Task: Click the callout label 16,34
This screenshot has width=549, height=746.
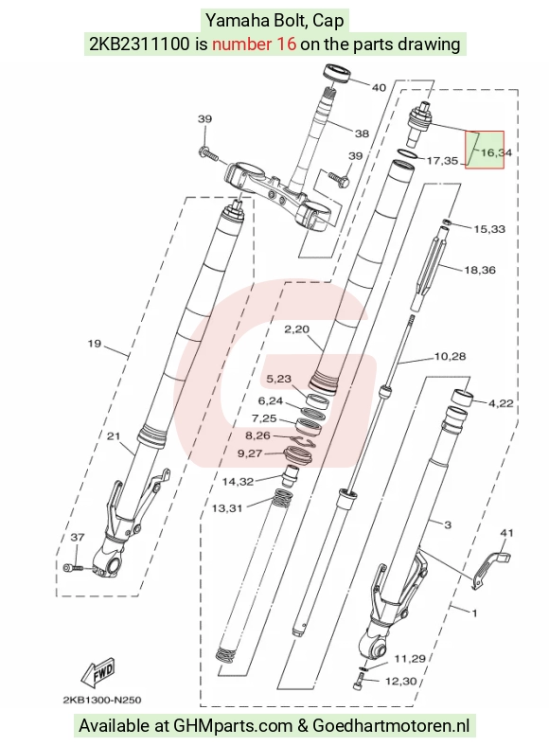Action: coord(496,152)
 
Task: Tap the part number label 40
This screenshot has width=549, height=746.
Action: coord(379,87)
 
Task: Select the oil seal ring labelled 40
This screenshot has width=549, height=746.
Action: coord(338,74)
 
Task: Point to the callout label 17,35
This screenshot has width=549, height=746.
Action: coord(442,161)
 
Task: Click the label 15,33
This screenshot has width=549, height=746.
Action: coord(489,229)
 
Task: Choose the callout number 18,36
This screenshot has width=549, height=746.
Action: coord(480,270)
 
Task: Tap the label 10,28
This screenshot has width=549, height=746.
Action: coord(450,356)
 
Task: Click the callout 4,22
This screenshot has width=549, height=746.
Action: coord(501,403)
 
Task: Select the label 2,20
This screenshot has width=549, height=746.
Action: coord(297,329)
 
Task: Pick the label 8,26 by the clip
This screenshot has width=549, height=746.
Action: coord(257,435)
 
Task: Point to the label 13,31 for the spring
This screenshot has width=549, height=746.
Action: coord(227,508)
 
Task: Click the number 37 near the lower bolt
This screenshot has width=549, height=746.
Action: coord(78,537)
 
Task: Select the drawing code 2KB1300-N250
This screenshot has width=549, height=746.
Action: coord(102,700)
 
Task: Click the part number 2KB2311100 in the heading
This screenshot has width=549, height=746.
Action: coord(140,44)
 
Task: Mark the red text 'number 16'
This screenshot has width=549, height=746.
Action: coord(254,44)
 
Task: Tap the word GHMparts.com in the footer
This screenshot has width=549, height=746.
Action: coord(233,726)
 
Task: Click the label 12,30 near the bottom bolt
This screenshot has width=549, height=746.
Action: coord(400,682)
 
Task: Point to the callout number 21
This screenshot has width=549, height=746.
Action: coord(114,435)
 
